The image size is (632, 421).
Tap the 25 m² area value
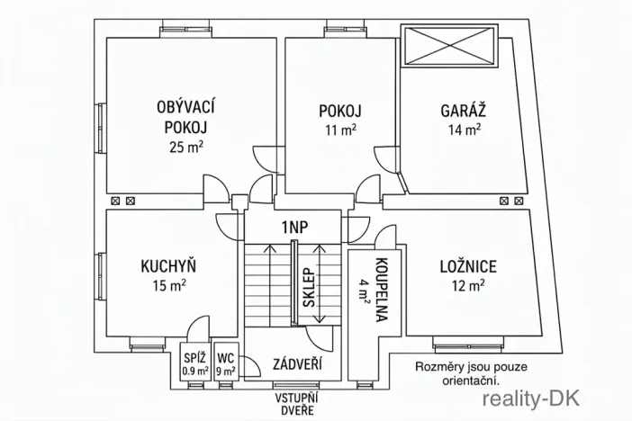184,148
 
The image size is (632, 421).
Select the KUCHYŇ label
168,266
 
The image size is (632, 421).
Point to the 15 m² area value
168,286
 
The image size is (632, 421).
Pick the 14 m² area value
464,130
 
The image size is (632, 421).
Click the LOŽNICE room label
467,266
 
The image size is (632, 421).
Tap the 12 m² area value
467,286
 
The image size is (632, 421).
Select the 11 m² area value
339,130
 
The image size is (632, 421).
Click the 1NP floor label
294,227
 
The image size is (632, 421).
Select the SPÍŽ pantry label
194,357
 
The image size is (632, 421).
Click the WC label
225,357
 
